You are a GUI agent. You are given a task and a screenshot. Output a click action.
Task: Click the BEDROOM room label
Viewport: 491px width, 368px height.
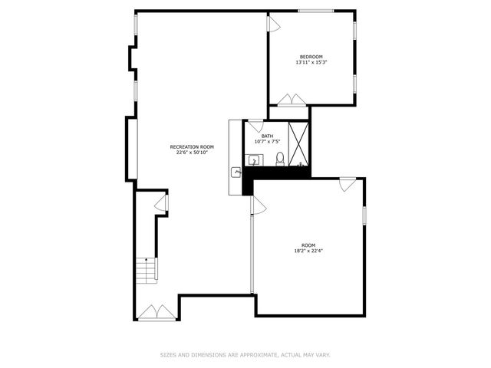coord(311,57)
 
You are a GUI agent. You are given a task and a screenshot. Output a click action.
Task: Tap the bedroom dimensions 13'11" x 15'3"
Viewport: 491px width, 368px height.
coord(311,63)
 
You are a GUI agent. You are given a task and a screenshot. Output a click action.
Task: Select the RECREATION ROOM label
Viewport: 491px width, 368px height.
coord(192,146)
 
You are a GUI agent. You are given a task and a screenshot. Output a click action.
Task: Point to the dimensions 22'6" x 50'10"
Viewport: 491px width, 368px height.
coord(192,153)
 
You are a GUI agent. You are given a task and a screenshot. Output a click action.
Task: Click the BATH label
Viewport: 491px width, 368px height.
coord(267,136)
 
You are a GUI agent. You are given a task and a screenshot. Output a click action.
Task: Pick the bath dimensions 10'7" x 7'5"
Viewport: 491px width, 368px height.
coord(267,142)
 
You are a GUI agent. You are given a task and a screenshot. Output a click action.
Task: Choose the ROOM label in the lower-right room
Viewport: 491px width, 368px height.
coord(308,245)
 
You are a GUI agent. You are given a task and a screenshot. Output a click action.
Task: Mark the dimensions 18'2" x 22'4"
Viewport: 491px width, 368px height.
coord(308,251)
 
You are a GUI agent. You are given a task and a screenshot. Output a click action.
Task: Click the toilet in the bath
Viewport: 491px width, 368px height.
coord(280,159)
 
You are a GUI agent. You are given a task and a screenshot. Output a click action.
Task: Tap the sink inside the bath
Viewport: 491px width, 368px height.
coord(254,161)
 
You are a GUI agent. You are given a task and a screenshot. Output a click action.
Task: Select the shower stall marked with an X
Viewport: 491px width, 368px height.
coord(300,145)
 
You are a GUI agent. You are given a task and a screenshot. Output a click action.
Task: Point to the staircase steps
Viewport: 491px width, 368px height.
coord(145,270)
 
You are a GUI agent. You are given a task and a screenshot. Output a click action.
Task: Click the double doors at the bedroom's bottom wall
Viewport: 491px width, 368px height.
coord(291,100)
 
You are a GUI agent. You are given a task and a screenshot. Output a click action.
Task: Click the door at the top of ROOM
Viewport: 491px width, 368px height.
coord(347,184)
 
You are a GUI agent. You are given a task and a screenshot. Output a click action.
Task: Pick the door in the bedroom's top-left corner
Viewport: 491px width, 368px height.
coord(272,24)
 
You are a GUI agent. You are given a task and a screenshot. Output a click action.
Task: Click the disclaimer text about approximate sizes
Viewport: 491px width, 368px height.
coord(245,355)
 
